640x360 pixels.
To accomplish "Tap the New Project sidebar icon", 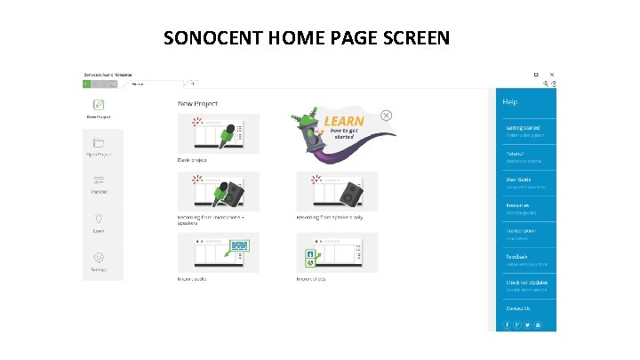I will coord(98,104).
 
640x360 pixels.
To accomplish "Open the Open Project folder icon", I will coord(98,142).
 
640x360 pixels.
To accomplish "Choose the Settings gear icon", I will coord(98,256).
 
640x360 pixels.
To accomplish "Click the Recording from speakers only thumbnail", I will coord(337,191).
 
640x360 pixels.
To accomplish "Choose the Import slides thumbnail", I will coord(337,252).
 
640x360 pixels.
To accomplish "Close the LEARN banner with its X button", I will coord(387,115).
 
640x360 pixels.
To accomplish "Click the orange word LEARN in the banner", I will coord(344,122).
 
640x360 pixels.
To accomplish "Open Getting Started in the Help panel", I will coord(523,128).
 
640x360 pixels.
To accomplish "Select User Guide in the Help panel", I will coord(518,180).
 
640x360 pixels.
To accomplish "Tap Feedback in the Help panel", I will coord(517,257).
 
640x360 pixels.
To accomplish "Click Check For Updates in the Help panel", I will coord(526,283).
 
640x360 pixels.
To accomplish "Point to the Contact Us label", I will coord(518,308).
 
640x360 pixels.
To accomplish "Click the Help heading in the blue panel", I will coord(510,101).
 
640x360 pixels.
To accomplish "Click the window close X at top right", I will coord(553,75).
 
